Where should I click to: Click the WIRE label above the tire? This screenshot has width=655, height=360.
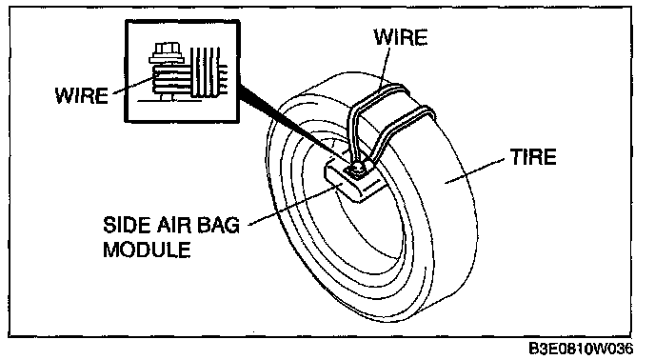click(x=401, y=37)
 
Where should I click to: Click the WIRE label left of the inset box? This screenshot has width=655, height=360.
click(x=82, y=95)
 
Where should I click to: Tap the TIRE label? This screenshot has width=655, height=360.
click(x=533, y=157)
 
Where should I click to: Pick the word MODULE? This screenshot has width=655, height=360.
click(x=147, y=250)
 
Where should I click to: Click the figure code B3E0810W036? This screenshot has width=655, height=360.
click(x=581, y=349)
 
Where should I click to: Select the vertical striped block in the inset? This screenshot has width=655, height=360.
click(x=206, y=72)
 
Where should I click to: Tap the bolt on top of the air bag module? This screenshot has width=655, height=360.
click(x=358, y=170)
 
